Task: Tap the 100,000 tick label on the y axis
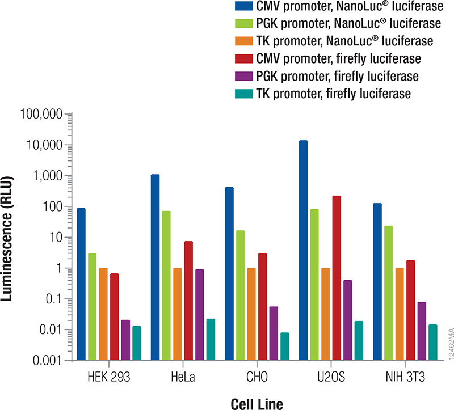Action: [40, 115]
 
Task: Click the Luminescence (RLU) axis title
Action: [11, 238]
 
